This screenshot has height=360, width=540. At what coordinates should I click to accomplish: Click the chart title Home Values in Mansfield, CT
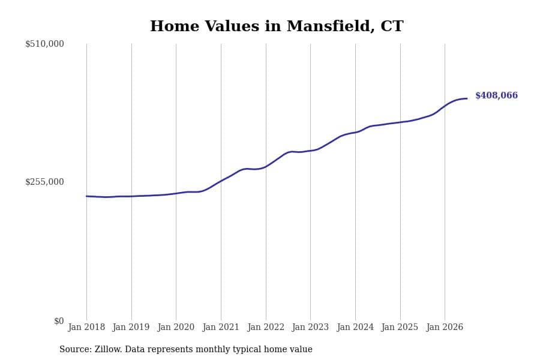tap(277, 26)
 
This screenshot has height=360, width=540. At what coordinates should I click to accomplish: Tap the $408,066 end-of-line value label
tap(496, 95)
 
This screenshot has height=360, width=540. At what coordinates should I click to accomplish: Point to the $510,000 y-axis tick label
tap(44, 44)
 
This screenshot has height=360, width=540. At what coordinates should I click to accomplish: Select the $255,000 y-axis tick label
tap(44, 182)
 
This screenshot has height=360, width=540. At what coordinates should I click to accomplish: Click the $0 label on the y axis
tap(59, 321)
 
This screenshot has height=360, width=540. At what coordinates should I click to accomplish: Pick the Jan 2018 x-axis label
tap(86, 327)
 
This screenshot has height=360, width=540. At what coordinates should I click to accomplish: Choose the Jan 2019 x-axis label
tap(131, 327)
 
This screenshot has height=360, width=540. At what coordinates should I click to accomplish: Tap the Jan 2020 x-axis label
tap(176, 327)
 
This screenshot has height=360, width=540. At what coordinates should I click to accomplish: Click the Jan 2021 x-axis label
tap(221, 327)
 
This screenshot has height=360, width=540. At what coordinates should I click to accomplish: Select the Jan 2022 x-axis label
tap(266, 327)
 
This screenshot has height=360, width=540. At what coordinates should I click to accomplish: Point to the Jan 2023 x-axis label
tap(310, 327)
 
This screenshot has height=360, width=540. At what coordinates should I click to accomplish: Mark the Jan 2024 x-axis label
tap(355, 327)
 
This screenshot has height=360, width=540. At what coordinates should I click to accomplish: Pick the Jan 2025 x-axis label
tap(400, 327)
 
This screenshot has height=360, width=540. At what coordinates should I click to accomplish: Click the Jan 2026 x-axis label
tap(445, 327)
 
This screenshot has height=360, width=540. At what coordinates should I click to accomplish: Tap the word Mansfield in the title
tap(331, 26)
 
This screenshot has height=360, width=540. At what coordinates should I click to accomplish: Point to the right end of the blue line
tap(467, 98)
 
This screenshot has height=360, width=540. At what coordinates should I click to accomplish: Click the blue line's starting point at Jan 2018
tap(86, 196)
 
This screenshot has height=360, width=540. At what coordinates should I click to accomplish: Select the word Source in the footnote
tap(76, 349)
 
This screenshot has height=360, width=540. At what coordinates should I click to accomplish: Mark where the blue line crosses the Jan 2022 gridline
tap(266, 167)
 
